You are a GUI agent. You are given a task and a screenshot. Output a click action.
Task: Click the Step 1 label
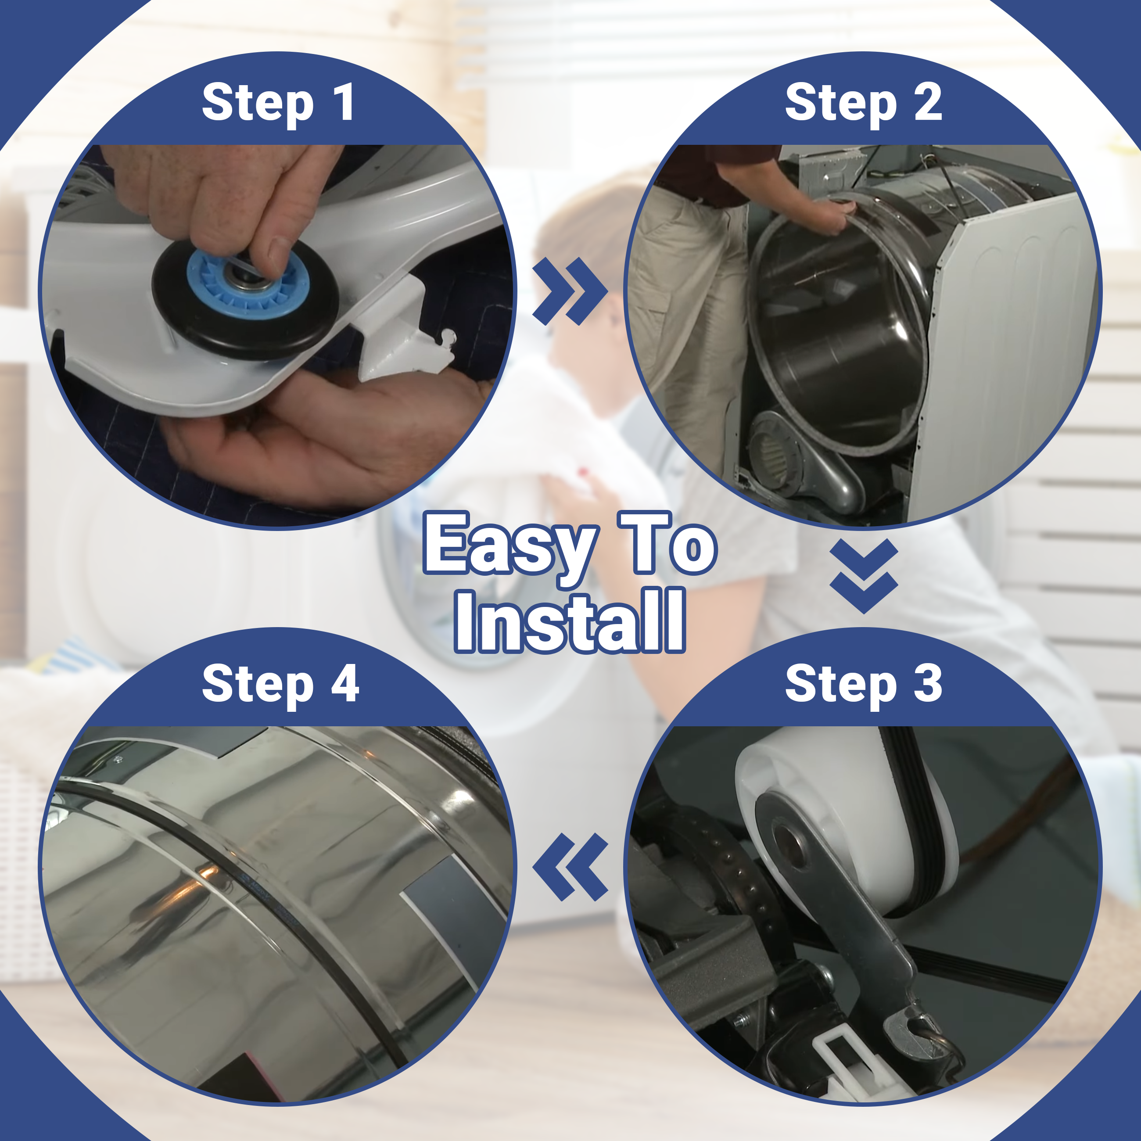(278, 104)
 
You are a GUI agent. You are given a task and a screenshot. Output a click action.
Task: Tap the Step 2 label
(863, 104)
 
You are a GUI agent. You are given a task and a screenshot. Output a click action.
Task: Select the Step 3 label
(863, 685)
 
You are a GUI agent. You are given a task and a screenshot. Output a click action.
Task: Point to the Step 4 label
(280, 685)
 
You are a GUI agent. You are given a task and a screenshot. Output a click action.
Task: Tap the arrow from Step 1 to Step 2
(570, 291)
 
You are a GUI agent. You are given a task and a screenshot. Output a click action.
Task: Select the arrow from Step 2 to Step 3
(863, 576)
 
